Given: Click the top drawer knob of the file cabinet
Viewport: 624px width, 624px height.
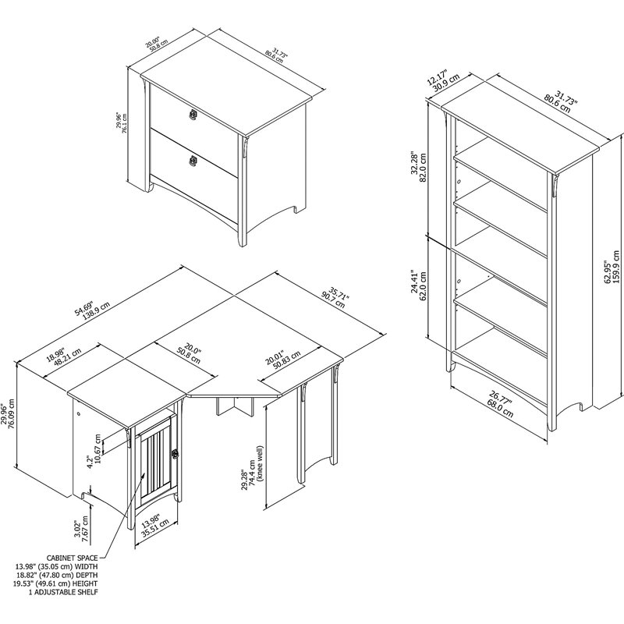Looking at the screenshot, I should pos(192,115).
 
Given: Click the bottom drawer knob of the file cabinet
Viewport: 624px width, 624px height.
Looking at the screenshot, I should pos(191,161).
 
